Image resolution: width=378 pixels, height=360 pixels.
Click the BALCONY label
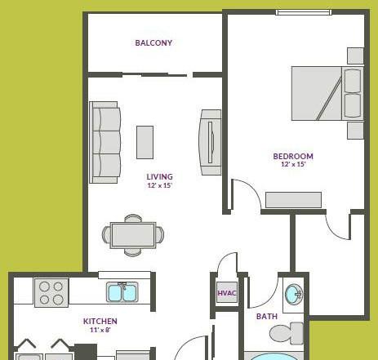click(153, 42)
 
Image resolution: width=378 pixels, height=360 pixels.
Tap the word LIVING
click(160, 177)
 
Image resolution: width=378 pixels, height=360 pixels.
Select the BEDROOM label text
click(293, 156)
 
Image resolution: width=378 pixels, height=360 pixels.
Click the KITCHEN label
click(100, 321)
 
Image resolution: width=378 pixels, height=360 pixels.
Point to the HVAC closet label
click(227, 293)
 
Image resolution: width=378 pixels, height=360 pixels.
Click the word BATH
click(267, 317)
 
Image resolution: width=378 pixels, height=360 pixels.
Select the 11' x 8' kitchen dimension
click(100, 330)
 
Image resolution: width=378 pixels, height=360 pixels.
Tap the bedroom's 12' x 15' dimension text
click(293, 164)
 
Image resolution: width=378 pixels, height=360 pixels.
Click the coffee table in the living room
click(145, 142)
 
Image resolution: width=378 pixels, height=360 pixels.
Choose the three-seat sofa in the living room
click(105, 142)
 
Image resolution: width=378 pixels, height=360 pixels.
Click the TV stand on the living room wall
click(210, 142)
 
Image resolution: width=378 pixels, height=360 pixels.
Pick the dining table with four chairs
click(133, 235)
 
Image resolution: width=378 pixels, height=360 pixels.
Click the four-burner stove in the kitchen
click(51, 293)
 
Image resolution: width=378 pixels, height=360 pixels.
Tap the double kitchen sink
click(122, 292)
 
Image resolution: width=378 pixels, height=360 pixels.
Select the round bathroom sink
click(294, 295)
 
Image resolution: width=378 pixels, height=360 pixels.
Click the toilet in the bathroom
click(287, 333)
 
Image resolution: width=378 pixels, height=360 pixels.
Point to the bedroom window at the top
click(304, 12)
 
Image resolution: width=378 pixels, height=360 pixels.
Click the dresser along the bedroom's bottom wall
click(293, 200)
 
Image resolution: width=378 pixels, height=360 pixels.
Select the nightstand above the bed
click(355, 56)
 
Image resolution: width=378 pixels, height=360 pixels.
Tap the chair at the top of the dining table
click(133, 218)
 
